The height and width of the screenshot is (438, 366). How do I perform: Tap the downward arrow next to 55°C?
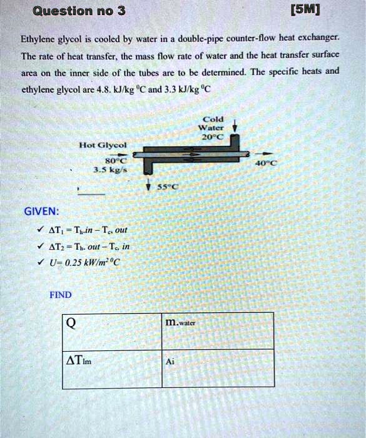pos(148,185)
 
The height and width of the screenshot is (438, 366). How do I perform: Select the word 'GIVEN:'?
pos(42,211)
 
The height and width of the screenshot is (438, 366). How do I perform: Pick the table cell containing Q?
pos(112,330)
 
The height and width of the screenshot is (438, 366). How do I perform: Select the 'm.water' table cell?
pos(218,330)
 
